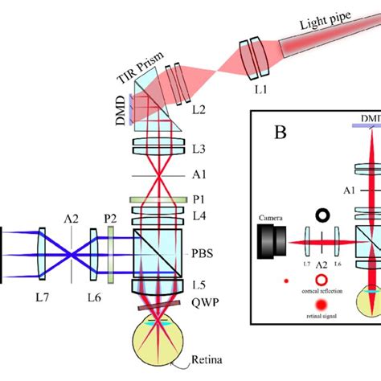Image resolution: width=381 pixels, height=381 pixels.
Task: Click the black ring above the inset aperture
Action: coord(324,215)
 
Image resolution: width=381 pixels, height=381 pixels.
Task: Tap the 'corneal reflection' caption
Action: coord(325,291)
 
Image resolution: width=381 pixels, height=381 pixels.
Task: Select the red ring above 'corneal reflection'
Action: coord(324,280)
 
